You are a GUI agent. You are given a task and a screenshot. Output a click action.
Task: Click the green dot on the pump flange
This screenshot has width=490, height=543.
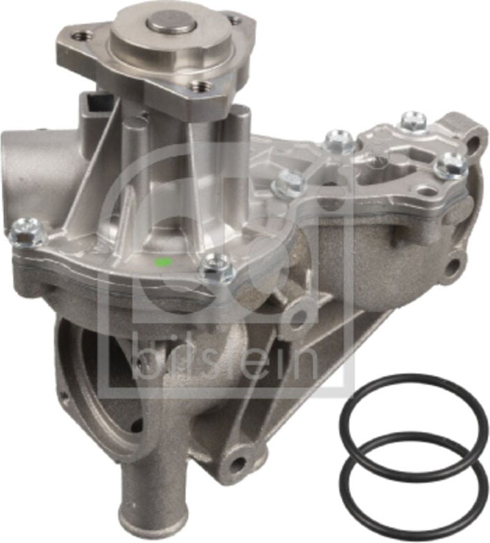[x=163, y=261]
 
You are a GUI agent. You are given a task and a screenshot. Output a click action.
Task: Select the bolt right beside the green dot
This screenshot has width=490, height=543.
[x=218, y=267]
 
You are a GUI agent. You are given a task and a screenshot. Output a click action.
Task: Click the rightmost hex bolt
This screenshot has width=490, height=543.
[x=453, y=165]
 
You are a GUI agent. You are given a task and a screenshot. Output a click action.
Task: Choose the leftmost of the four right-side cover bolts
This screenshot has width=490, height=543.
[x=288, y=183]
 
